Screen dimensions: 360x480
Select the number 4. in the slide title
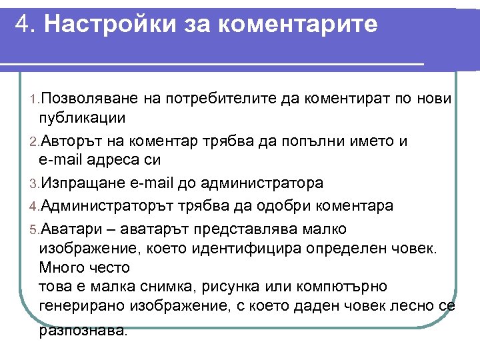(x=26, y=25)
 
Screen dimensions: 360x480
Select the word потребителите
(x=223, y=99)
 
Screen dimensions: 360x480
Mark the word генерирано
(x=80, y=306)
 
